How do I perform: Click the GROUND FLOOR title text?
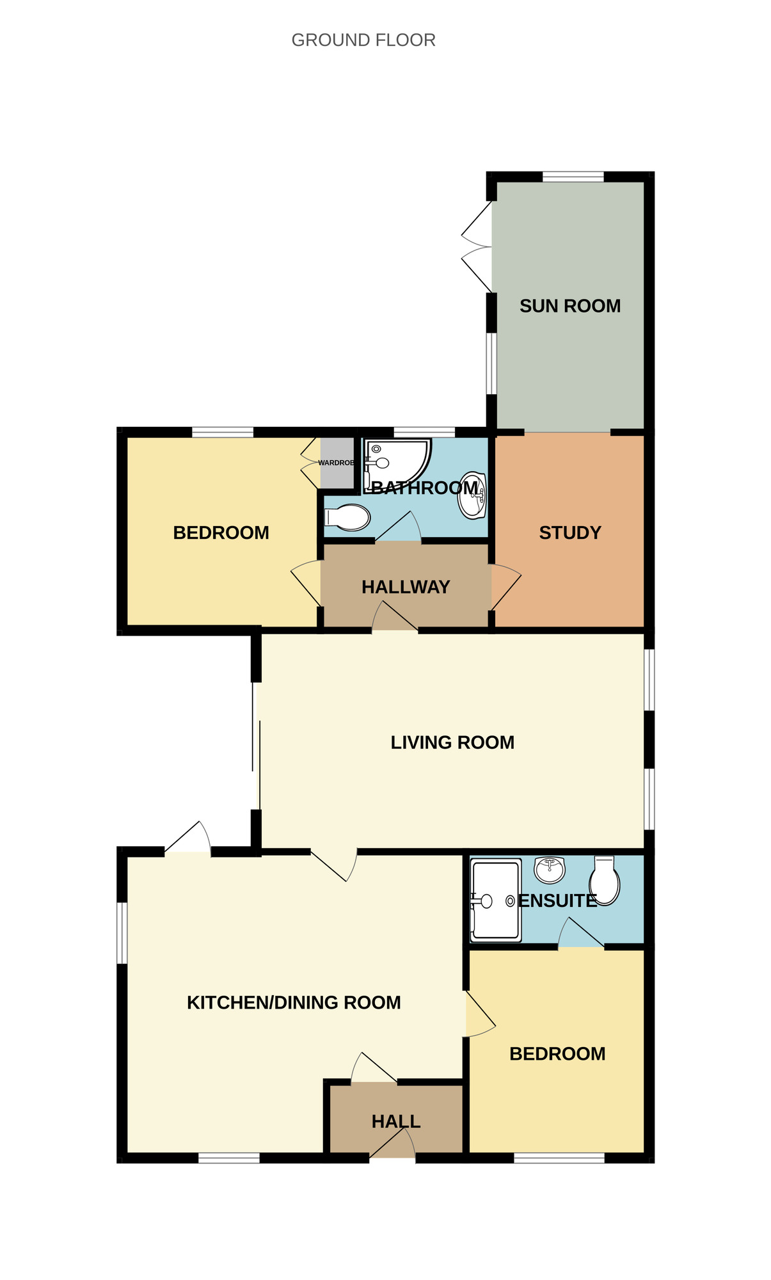pyautogui.click(x=363, y=40)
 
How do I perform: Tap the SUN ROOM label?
pyautogui.click(x=569, y=307)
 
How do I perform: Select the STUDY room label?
pyautogui.click(x=569, y=533)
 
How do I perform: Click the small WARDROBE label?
pyautogui.click(x=336, y=463)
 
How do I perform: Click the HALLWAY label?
pyautogui.click(x=406, y=588)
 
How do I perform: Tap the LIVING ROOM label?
pyautogui.click(x=452, y=743)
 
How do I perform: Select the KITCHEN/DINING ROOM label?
pyautogui.click(x=294, y=1003)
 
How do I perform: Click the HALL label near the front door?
pyautogui.click(x=396, y=1122)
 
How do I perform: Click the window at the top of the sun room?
pyautogui.click(x=573, y=177)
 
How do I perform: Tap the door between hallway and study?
pyautogui.click(x=505, y=587)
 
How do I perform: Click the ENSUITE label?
pyautogui.click(x=557, y=901)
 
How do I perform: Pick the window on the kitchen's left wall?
pyautogui.click(x=122, y=932)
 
